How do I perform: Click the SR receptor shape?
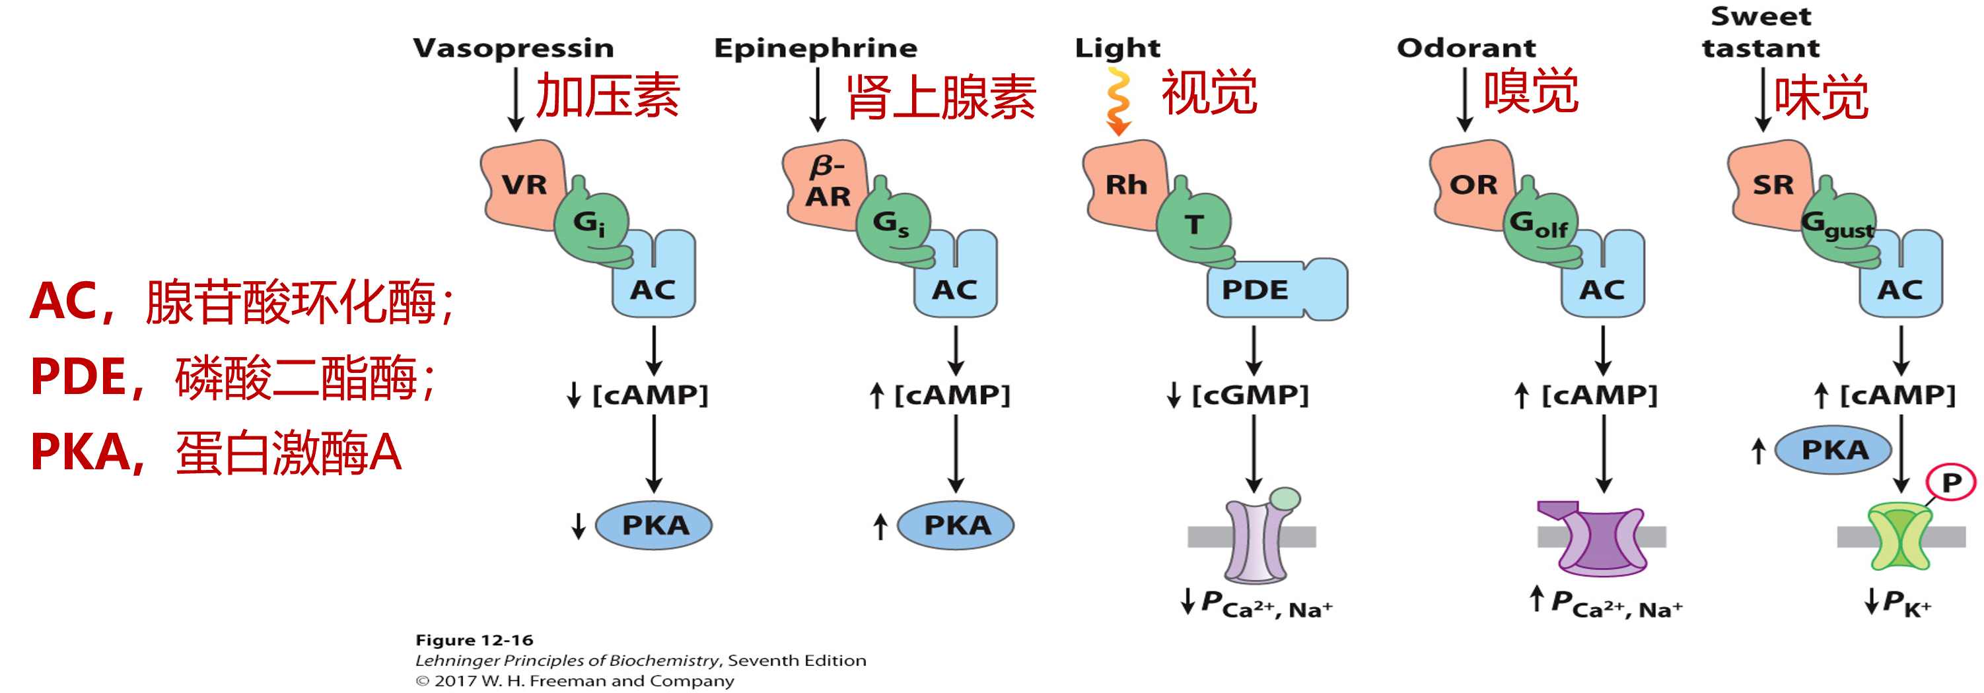[x=1771, y=185]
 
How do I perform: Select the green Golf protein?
[x=1540, y=226]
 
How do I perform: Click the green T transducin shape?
[x=1194, y=226]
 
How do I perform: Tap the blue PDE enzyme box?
[x=1263, y=290]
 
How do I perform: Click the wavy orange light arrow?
[x=1117, y=101]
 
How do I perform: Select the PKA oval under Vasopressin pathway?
[x=654, y=525]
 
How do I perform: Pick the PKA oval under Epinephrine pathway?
[x=956, y=525]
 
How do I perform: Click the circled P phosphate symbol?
[x=1951, y=483]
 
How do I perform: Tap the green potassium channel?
[x=1899, y=536]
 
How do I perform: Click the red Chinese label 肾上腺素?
[x=941, y=98]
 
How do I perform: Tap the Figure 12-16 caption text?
[x=474, y=640]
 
